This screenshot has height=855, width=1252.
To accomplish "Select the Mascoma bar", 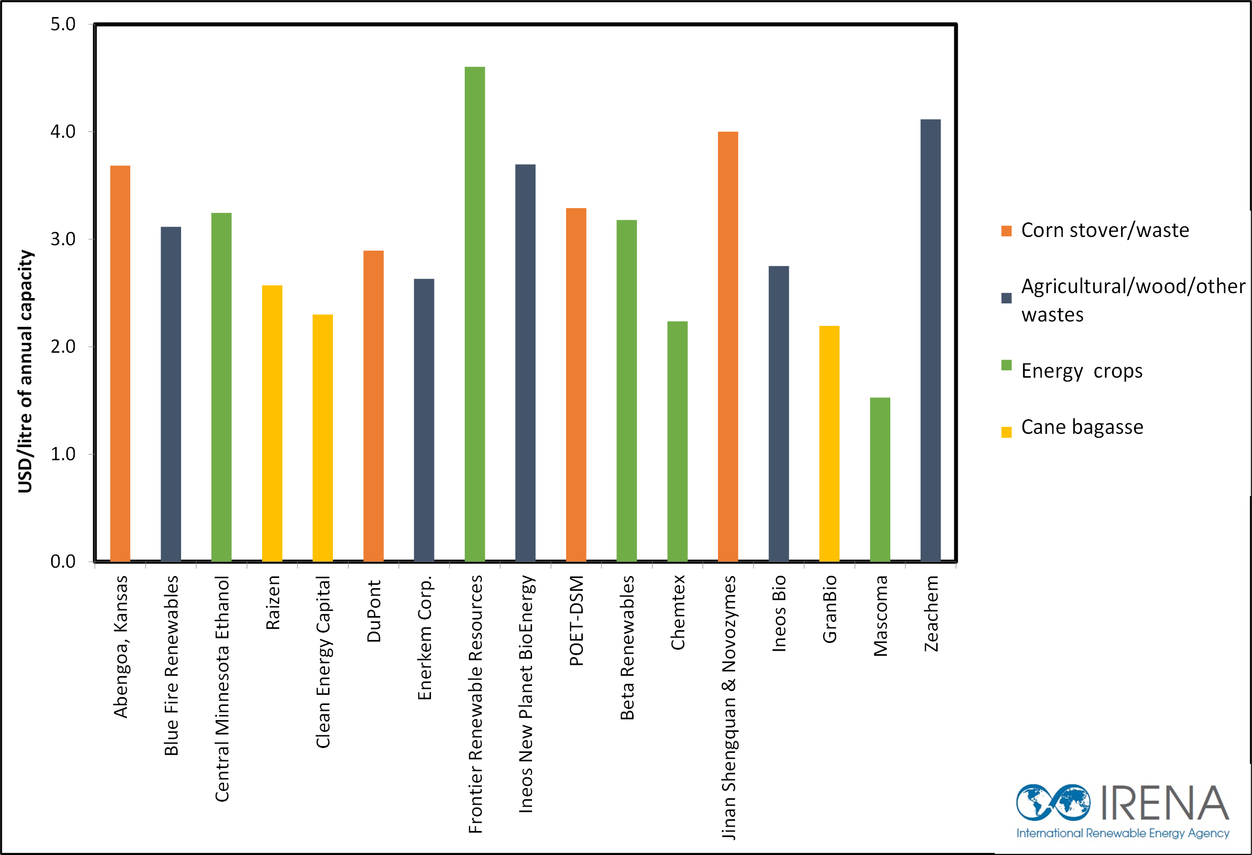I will (880, 479).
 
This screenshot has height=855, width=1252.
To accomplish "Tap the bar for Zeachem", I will (930, 340).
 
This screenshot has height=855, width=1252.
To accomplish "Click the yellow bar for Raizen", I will (272, 423).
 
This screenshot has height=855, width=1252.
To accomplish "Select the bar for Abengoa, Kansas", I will (120, 363).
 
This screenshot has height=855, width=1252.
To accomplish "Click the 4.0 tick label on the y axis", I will (63, 131).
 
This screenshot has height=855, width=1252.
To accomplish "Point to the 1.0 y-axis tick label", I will (63, 454).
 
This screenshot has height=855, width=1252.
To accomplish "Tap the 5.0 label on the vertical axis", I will (63, 24).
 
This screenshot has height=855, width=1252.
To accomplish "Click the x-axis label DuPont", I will (374, 611).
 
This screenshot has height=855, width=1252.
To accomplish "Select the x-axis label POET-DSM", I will (576, 620).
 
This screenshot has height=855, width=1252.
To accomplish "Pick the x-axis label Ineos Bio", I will (779, 614).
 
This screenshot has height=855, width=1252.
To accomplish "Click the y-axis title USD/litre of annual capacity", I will (25, 371).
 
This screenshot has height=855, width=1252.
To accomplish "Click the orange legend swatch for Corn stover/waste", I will (1006, 231).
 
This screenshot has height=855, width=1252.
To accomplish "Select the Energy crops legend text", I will (1081, 371).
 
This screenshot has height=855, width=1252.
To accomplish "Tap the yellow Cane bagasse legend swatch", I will (1006, 432).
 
